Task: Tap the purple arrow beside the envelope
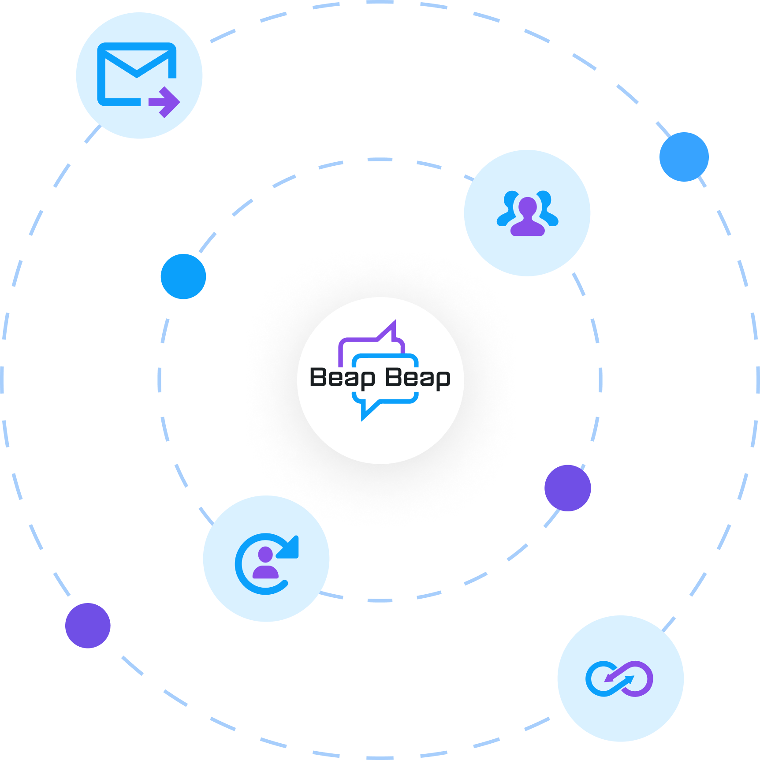click(165, 102)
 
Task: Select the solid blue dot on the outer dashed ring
click(684, 157)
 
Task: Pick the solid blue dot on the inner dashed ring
click(183, 276)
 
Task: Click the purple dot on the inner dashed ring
click(567, 488)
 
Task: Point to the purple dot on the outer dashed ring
click(88, 626)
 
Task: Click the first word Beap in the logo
click(343, 378)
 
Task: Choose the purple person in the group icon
click(527, 217)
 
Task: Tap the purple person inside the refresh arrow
click(265, 563)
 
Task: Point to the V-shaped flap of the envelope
click(137, 66)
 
